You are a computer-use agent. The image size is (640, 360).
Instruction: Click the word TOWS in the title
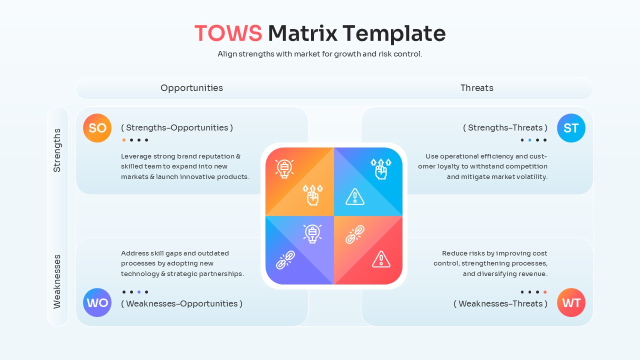point(228,33)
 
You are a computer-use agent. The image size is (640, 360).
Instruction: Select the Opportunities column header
point(191,88)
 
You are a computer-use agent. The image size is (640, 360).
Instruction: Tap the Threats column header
point(476,88)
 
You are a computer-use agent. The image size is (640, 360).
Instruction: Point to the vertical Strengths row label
point(57,150)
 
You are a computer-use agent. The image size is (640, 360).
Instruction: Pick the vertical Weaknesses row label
point(57,281)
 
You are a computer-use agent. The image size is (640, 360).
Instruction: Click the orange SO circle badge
point(97,128)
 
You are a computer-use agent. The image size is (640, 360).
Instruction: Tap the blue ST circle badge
point(571,128)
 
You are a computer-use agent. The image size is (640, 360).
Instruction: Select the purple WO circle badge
point(97,303)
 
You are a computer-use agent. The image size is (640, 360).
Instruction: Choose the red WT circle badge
point(571,303)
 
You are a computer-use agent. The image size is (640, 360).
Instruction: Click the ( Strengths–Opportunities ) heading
point(177,127)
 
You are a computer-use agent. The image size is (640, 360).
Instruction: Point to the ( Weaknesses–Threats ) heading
point(500,303)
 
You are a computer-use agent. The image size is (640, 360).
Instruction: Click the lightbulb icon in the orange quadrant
point(284,168)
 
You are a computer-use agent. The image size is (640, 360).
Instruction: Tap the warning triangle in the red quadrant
point(381,259)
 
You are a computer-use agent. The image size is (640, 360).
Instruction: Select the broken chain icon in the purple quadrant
point(285,260)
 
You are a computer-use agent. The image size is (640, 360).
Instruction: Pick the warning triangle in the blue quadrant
point(355,196)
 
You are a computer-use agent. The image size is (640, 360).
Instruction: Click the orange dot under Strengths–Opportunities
point(124,140)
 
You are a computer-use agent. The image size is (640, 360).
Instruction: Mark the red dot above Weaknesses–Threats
point(545,292)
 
